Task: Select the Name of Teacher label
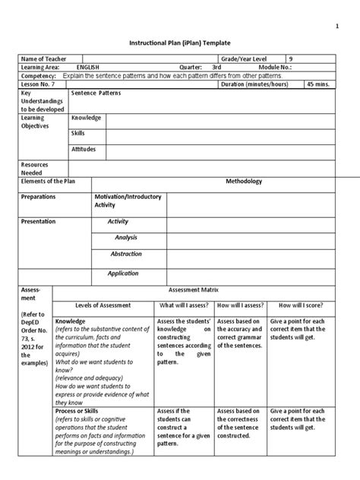click(45, 58)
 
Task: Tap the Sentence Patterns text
click(96, 93)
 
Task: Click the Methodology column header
click(244, 182)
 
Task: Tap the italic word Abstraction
click(126, 254)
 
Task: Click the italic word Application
click(123, 273)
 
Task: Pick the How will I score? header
click(302, 305)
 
